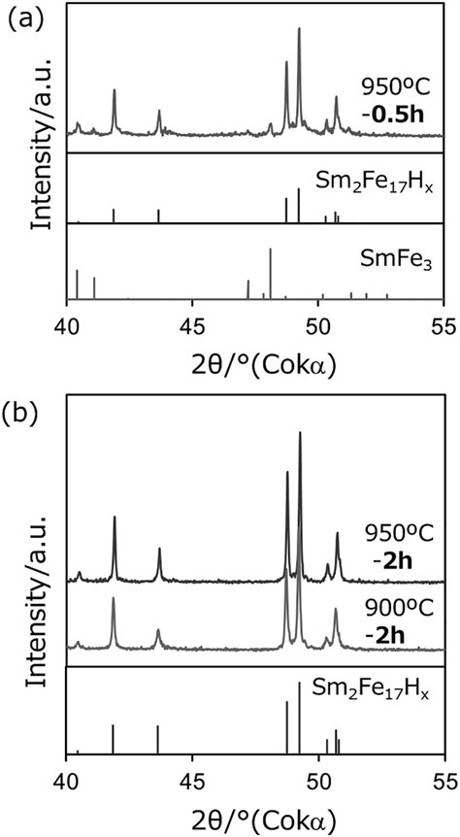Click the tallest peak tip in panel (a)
point(299,29)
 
